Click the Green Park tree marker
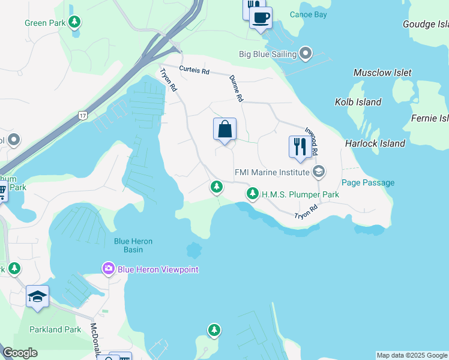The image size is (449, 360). coord(74,23)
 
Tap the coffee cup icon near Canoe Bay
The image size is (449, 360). coord(261,17)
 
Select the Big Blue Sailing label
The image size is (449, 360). coord(268,54)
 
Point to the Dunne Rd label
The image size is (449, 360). coord(236,88)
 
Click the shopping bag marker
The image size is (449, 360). coord(224,129)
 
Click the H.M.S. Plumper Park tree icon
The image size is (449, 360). coord(253,194)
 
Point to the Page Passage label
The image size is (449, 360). coord(368,182)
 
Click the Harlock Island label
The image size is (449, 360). coord(375,143)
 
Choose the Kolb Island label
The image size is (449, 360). coord(358,102)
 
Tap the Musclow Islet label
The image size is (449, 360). coord(382,73)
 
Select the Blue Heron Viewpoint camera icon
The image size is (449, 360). coord(109,269)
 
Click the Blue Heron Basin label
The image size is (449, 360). coord(133,245)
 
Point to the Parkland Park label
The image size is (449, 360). coord(55,329)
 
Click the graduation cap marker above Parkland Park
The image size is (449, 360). coord(37,296)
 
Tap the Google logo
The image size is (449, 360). coord(20,353)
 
